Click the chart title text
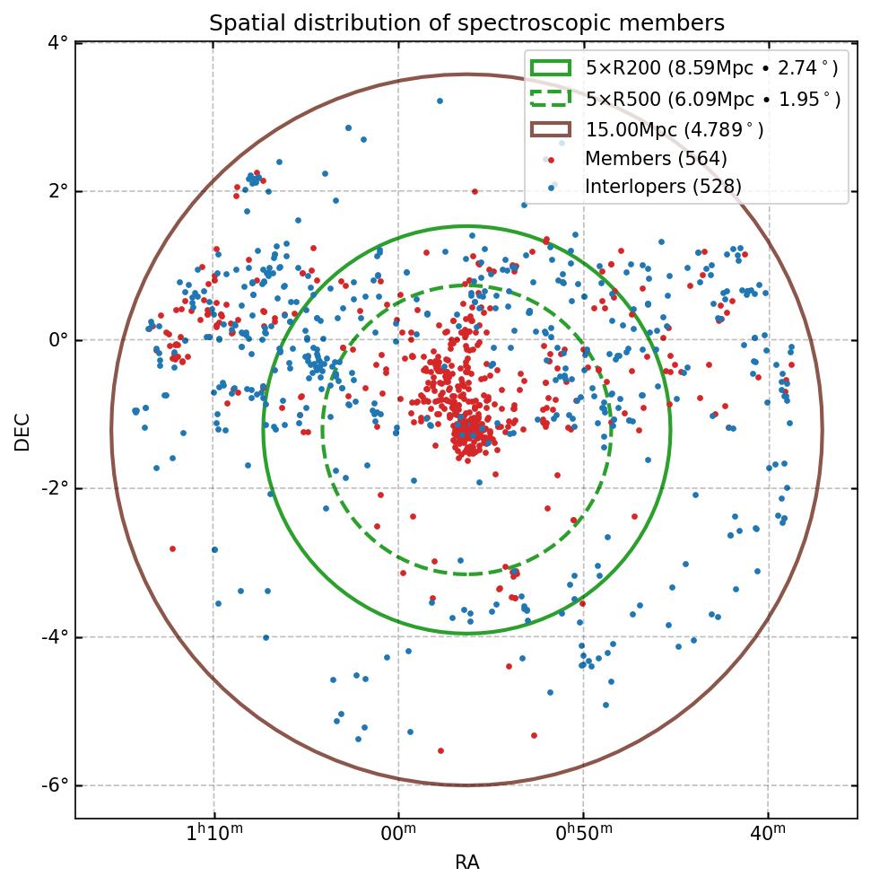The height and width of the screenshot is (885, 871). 466,22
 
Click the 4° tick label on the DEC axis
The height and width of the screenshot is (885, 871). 58,43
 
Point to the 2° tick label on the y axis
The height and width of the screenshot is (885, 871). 58,191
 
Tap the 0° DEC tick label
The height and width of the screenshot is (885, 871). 58,340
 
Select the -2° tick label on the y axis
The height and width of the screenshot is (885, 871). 55,488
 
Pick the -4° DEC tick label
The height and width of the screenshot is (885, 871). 55,637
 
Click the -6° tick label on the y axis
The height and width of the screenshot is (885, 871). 55,785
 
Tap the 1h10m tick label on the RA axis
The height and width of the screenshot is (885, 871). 213,834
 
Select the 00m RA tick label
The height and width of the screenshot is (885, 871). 398,835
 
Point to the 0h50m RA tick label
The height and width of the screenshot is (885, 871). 583,834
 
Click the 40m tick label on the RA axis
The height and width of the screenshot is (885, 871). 768,835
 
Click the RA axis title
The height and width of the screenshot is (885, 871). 466,863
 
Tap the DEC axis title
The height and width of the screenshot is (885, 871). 22,431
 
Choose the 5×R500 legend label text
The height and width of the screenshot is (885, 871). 713,100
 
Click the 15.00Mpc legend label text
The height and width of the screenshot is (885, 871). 675,130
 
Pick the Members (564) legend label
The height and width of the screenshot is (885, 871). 656,159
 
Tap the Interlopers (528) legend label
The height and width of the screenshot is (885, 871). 663,187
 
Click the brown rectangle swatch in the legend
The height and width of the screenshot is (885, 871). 550,129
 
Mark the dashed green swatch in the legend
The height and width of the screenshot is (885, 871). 550,99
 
